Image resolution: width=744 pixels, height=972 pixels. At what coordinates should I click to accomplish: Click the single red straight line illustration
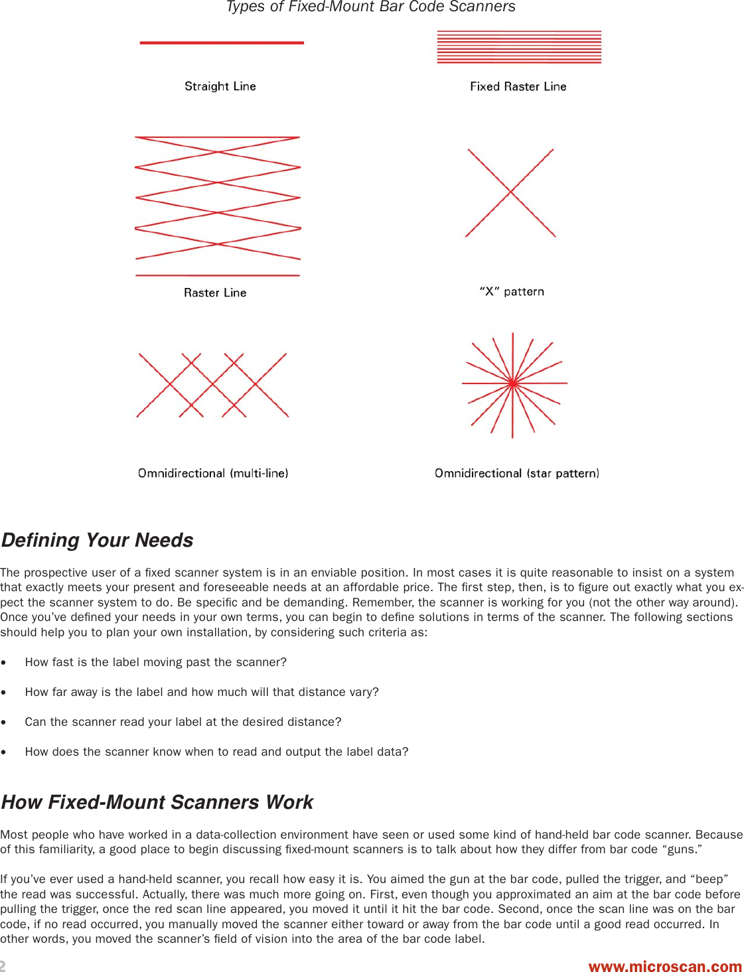(222, 42)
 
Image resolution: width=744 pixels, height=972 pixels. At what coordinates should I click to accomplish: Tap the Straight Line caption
(220, 86)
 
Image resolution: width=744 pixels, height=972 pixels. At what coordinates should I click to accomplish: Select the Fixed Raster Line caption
(518, 86)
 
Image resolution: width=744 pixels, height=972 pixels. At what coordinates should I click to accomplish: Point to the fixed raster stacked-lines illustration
(519, 47)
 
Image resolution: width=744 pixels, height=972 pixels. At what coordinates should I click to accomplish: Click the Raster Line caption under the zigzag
(215, 293)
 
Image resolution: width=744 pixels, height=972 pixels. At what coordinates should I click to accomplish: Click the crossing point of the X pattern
(510, 192)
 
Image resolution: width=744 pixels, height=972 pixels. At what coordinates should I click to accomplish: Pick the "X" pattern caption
(512, 291)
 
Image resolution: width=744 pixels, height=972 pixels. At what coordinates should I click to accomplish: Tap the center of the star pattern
(513, 383)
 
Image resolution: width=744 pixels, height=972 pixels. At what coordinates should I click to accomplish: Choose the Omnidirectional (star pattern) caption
(516, 473)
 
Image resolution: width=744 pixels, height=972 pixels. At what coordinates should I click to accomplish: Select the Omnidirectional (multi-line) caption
(213, 473)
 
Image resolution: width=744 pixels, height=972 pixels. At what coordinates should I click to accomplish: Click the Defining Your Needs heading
(98, 540)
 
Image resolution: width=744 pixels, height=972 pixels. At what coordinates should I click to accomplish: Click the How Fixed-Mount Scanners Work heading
(157, 802)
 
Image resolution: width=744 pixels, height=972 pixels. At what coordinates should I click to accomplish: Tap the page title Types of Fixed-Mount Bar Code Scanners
(370, 7)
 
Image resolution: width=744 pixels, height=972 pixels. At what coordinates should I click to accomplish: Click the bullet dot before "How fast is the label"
(4, 663)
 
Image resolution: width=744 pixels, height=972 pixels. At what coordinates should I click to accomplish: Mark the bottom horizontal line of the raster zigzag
(218, 275)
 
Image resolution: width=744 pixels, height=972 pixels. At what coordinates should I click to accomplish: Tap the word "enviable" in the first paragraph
(317, 573)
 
